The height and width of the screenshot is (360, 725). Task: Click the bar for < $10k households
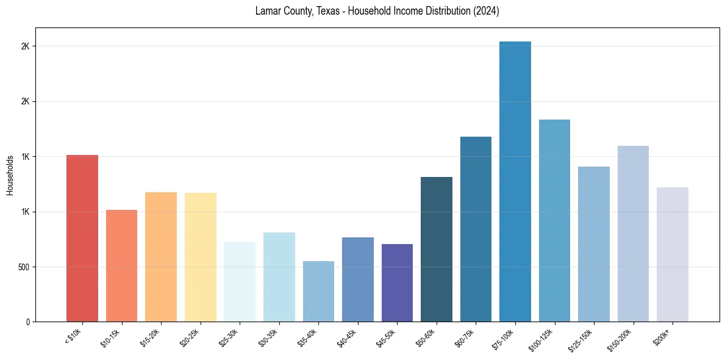click(x=82, y=238)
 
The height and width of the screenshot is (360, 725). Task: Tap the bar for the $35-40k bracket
click(x=318, y=291)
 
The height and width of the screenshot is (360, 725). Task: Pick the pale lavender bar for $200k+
click(x=673, y=254)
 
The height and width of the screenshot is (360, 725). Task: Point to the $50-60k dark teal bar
click(x=437, y=249)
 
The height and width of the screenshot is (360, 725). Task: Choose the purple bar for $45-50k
click(x=397, y=283)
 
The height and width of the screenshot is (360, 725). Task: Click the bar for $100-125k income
click(x=554, y=220)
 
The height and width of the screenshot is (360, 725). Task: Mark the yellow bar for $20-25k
click(x=201, y=257)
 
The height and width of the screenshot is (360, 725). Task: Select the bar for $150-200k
click(x=633, y=234)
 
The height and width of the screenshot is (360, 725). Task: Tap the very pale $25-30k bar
click(x=240, y=282)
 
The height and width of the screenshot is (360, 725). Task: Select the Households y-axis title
click(x=10, y=175)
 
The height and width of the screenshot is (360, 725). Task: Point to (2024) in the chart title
click(x=486, y=11)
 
